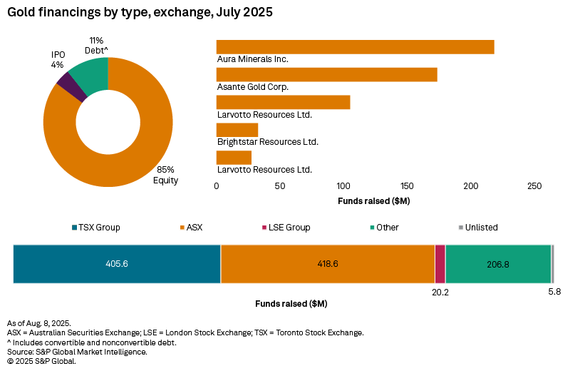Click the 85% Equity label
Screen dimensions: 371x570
pyautogui.click(x=165, y=175)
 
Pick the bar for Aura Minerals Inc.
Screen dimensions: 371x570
pyautogui.click(x=355, y=47)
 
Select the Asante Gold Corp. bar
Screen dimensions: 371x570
pyautogui.click(x=326, y=75)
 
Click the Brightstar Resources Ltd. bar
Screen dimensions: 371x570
pyautogui.click(x=237, y=130)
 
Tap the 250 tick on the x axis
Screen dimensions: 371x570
pyautogui.click(x=534, y=185)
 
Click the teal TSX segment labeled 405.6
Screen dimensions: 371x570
pyautogui.click(x=117, y=264)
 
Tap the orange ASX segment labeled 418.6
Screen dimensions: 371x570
pyautogui.click(x=328, y=264)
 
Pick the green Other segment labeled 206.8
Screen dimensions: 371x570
pyautogui.click(x=498, y=264)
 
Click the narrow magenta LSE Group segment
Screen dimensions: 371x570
pyautogui.click(x=440, y=264)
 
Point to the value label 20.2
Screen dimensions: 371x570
pyautogui.click(x=440, y=293)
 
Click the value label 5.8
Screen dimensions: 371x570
pyautogui.click(x=554, y=293)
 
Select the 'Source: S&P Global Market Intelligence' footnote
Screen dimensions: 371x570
pyautogui.click(x=77, y=352)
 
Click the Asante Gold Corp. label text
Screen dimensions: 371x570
pyautogui.click(x=252, y=86)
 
